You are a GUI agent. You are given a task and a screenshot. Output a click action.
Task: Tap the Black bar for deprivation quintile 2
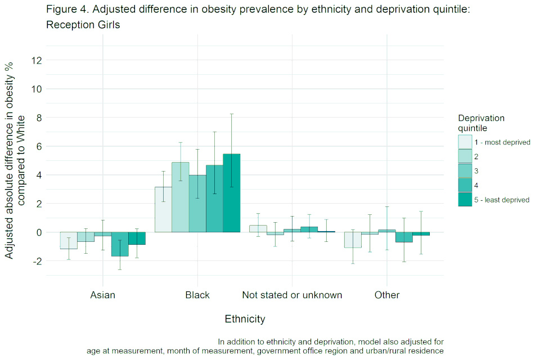180,197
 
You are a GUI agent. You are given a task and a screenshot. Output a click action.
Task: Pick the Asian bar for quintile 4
119,244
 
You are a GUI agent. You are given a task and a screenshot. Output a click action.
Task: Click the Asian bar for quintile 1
69,240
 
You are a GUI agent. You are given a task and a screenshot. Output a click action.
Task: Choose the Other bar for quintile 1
353,240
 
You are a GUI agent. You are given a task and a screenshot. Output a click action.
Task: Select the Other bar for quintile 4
404,237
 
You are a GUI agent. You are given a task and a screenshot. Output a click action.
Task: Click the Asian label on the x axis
102,295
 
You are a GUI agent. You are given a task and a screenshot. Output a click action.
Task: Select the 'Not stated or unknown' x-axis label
292,295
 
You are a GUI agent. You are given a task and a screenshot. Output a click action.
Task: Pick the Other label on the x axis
387,295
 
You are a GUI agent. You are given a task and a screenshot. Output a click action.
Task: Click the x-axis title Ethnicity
245,319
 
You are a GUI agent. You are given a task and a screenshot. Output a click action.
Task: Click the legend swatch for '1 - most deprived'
465,142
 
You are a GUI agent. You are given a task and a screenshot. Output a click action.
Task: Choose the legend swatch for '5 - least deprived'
465,199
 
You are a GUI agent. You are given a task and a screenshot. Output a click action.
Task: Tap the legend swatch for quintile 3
465,170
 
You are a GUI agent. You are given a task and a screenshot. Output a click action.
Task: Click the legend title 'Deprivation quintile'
481,123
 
